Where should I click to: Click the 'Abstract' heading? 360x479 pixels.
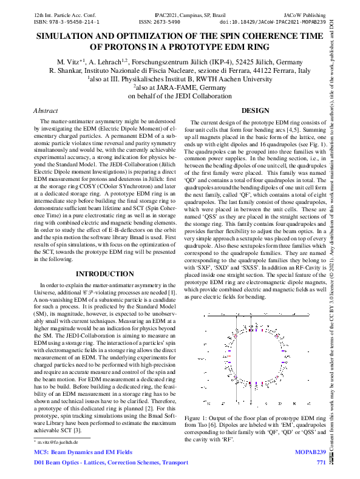46,111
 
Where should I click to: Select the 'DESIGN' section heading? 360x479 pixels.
255,111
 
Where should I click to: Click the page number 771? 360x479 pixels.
321,463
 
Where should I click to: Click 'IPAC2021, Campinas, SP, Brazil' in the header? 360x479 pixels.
180,12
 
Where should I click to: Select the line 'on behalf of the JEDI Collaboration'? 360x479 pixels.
180,95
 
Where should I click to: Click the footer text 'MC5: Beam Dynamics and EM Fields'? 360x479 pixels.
83,453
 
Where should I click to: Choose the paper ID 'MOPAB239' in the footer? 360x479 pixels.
311,453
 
